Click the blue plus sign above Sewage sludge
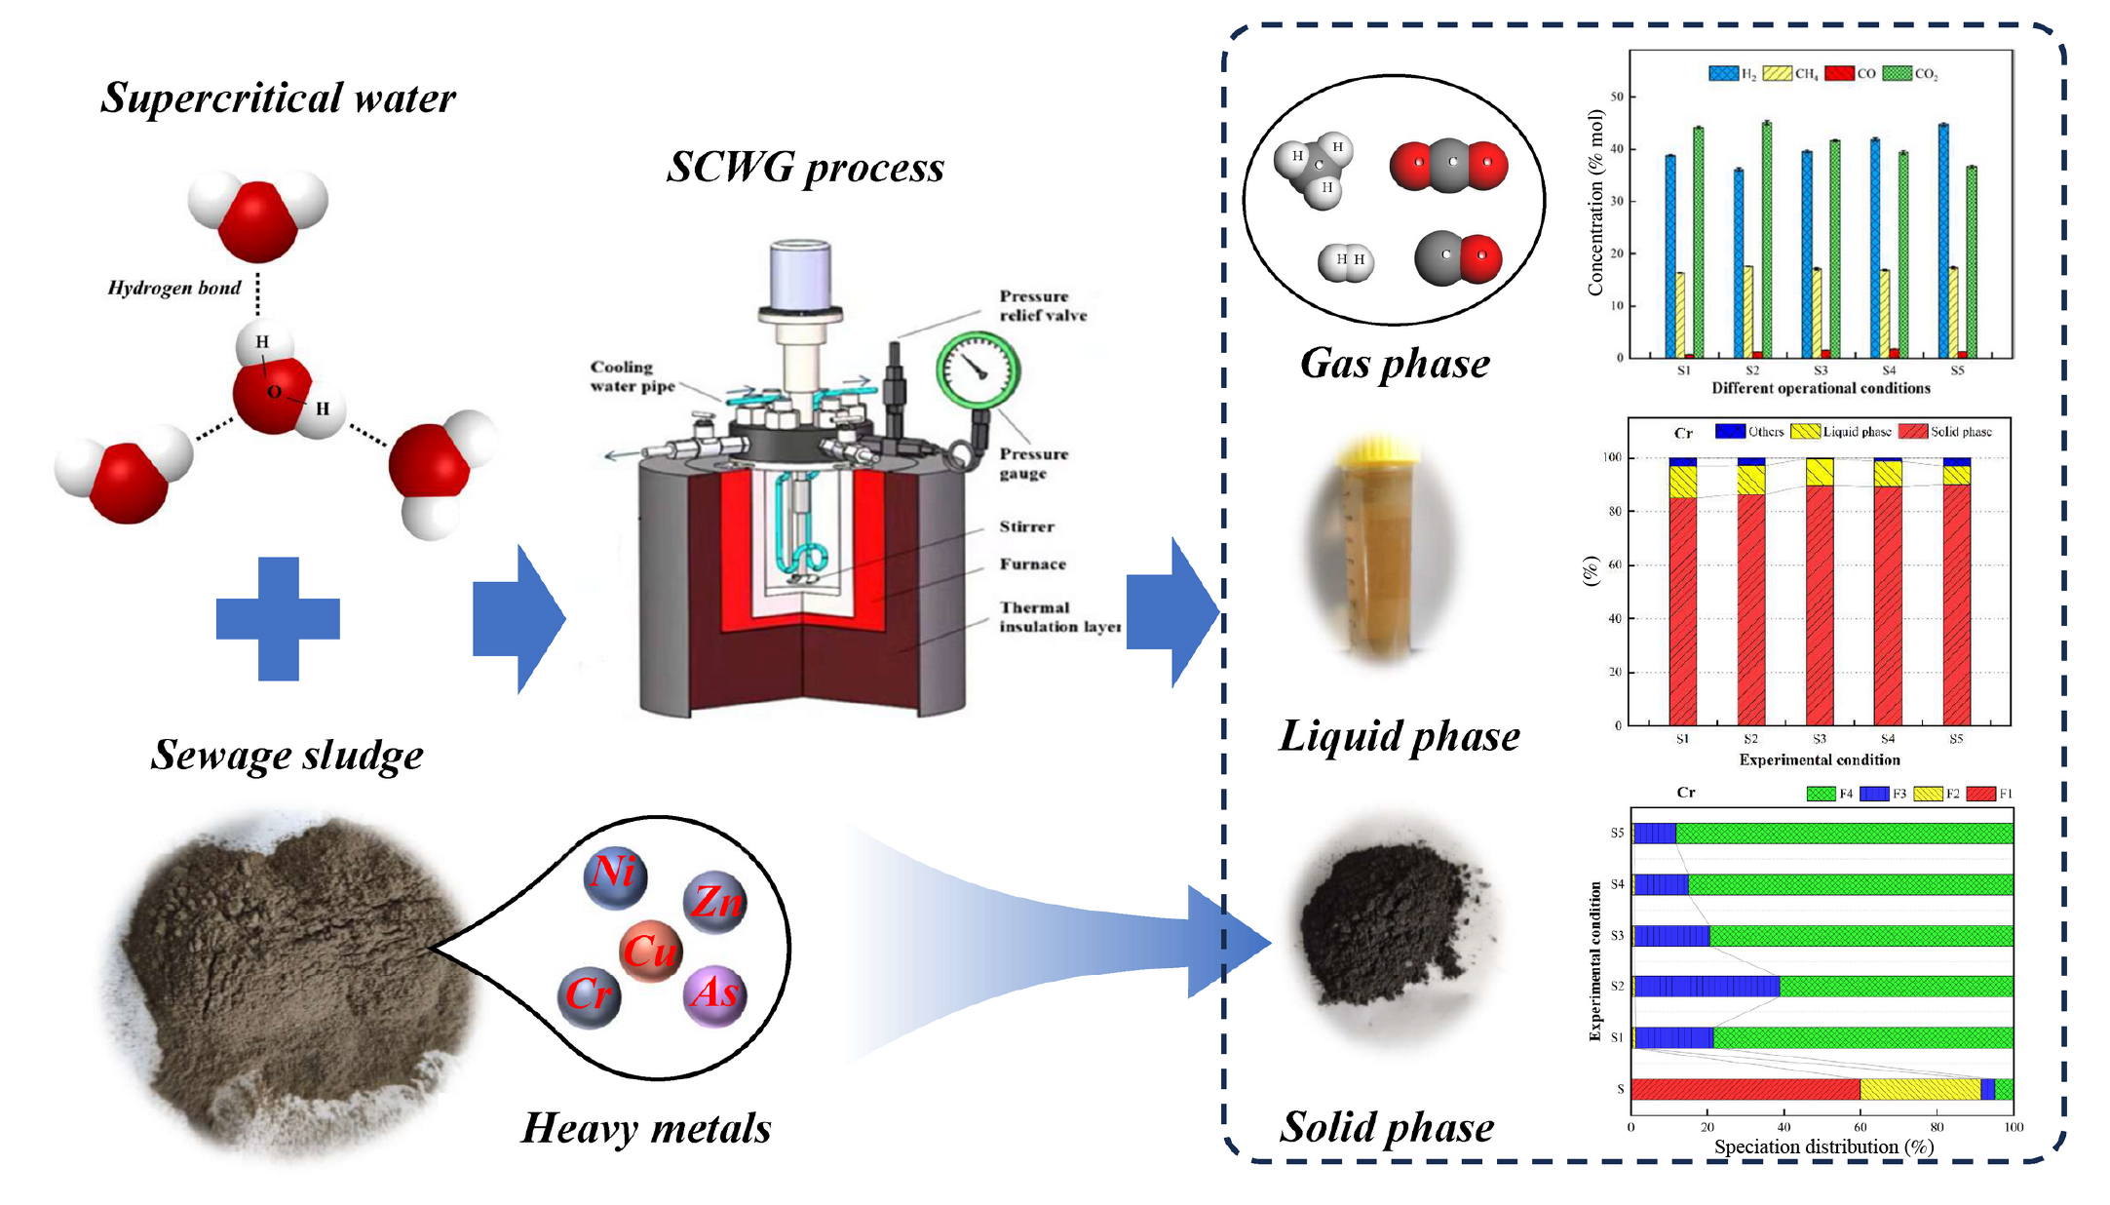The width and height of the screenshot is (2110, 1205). [x=278, y=618]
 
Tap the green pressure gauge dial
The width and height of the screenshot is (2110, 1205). [x=978, y=370]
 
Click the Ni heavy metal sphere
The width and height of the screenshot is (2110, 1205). [x=615, y=875]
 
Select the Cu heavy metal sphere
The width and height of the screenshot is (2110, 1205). [x=650, y=951]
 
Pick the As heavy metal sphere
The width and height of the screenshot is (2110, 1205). [x=715, y=994]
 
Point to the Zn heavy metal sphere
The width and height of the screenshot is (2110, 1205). [x=715, y=901]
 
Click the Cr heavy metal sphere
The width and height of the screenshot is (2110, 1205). [x=589, y=995]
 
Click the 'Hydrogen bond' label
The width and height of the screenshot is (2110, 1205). [x=173, y=288]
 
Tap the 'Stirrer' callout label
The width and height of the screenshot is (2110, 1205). [x=1026, y=526]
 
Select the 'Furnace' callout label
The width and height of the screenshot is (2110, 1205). [x=1032, y=564]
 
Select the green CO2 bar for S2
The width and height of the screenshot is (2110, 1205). [x=1766, y=239]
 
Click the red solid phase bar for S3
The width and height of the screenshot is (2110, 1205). [x=1820, y=604]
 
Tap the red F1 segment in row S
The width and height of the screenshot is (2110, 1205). [x=1745, y=1089]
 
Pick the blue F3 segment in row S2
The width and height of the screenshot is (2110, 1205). [x=1707, y=987]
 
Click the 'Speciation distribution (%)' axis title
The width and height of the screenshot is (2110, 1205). [x=1823, y=1147]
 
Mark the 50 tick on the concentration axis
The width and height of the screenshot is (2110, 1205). [x=1617, y=97]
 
